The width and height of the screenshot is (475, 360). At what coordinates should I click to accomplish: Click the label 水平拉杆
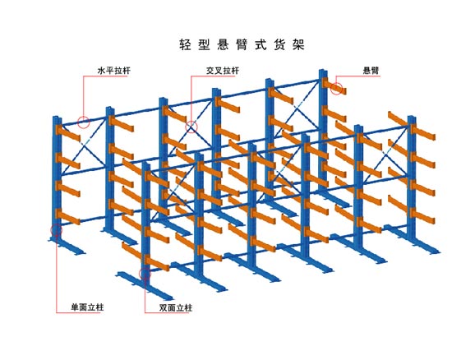(114, 71)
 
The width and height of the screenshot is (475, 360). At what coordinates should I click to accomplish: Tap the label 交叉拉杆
(223, 71)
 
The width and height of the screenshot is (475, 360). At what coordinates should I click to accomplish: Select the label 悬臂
(371, 71)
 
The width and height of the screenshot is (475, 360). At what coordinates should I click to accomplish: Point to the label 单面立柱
(87, 307)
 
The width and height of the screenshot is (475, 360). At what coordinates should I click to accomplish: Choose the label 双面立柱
(176, 308)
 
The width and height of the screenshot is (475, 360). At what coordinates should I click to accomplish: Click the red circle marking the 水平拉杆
(84, 122)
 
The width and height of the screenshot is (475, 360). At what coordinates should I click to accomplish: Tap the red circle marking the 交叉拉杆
(191, 127)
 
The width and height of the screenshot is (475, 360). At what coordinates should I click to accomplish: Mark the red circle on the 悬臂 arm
(336, 88)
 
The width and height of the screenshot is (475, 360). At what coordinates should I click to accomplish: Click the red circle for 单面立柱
(57, 230)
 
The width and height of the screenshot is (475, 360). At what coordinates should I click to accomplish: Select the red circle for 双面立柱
(145, 274)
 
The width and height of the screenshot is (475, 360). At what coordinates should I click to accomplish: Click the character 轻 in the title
(185, 44)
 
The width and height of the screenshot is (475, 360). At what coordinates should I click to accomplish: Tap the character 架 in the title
(298, 44)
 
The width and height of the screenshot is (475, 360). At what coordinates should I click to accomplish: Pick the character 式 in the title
(261, 44)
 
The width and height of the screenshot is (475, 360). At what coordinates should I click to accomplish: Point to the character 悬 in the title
(223, 44)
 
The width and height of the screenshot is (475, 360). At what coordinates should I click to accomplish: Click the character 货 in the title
(279, 44)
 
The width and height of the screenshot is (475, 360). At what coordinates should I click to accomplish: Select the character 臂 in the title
(242, 44)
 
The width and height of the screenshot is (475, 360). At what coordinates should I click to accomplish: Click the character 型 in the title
(204, 44)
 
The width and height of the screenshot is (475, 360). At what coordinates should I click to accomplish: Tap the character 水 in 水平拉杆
(101, 71)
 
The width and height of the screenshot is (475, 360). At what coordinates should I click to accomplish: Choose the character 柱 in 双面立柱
(188, 308)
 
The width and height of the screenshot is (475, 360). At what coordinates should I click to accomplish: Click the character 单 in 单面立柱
(75, 307)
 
